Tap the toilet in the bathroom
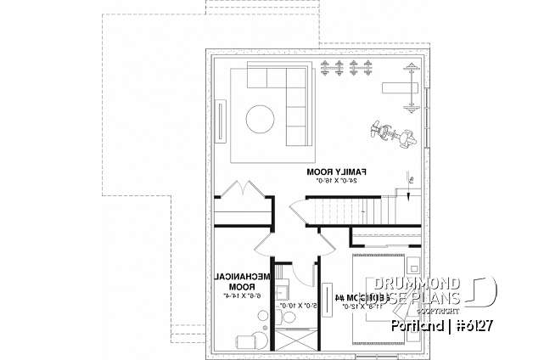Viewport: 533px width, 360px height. tap(289, 317)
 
